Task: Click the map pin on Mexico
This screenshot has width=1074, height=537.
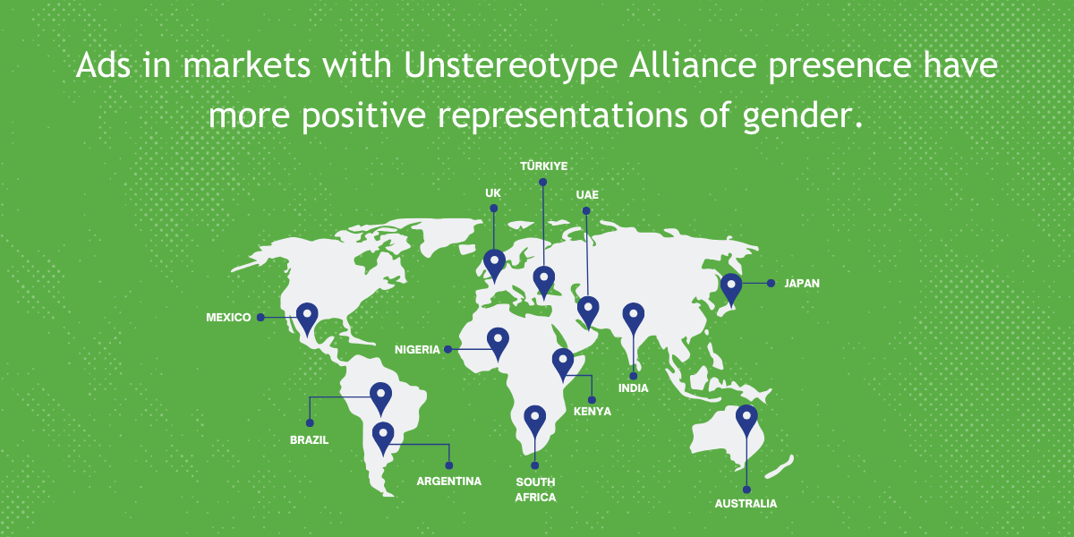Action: coord(307,318)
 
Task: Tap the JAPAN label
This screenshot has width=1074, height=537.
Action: coord(802,284)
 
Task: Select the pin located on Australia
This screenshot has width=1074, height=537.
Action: coord(746,420)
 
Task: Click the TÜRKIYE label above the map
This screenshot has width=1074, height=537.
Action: coord(544,166)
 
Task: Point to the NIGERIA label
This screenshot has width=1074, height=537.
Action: coord(417,350)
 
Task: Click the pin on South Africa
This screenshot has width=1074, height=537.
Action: coord(535,421)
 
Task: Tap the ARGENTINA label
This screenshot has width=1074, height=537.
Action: coord(448,481)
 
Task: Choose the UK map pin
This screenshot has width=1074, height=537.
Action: coord(494,265)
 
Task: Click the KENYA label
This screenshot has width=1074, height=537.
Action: coord(592,412)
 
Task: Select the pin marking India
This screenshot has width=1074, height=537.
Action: coord(634,318)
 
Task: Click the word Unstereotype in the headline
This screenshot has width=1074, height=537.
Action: coord(511,65)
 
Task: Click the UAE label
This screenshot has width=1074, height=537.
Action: coord(587,195)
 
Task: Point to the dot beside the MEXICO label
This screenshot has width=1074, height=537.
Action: coord(260,318)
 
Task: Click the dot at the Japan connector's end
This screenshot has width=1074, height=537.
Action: coord(771,284)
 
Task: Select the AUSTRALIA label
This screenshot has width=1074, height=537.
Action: coord(746,503)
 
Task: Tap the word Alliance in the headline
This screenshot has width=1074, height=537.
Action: coord(693,64)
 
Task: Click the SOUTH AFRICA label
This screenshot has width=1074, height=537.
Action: coord(535,490)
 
